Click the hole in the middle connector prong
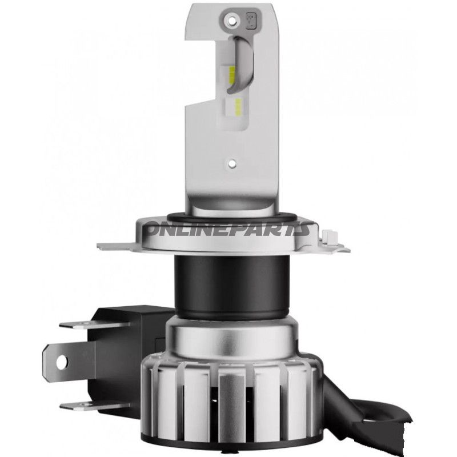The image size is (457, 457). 60,360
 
